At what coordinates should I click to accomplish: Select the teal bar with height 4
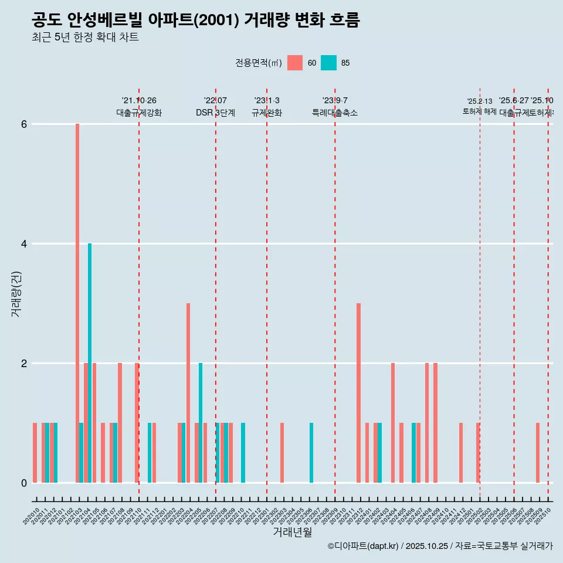click(90, 363)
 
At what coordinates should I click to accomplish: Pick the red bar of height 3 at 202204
click(188, 393)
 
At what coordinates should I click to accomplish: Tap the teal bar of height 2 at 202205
click(201, 423)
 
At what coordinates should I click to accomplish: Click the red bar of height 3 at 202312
click(358, 393)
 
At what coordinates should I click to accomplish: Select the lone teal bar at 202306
click(311, 453)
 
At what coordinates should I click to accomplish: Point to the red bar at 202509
click(538, 453)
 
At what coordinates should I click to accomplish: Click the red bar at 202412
click(461, 453)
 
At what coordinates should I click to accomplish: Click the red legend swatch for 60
click(295, 63)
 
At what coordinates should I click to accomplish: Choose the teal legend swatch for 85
click(329, 63)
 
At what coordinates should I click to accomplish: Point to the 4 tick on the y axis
click(24, 243)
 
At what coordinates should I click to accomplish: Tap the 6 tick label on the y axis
click(24, 124)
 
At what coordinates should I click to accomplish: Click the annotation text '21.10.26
click(139, 101)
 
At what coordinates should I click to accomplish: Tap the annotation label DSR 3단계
click(215, 113)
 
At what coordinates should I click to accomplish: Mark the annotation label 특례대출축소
click(335, 113)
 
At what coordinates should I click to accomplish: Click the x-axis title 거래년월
click(292, 532)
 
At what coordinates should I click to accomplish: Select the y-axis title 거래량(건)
click(16, 294)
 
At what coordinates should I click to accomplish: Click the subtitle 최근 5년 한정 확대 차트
click(85, 38)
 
